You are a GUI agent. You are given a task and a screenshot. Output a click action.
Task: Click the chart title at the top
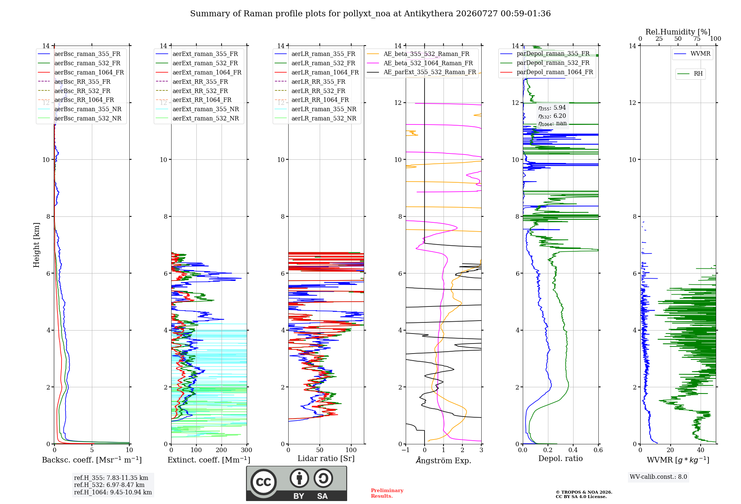(x=370, y=14)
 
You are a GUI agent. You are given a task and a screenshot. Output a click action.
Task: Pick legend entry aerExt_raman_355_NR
(x=206, y=109)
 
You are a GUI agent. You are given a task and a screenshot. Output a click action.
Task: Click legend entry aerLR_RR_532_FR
(x=318, y=91)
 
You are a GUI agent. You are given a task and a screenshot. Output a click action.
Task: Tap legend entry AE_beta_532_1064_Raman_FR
(x=428, y=63)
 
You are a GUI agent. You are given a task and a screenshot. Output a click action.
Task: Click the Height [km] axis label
(x=36, y=245)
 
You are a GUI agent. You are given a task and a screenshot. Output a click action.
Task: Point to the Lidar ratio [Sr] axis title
(x=326, y=458)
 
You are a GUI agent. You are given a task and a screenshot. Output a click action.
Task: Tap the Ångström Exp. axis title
(x=443, y=460)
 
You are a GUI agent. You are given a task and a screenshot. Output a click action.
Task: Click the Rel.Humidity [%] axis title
(x=678, y=32)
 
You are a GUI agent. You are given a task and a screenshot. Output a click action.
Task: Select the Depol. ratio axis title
(x=561, y=458)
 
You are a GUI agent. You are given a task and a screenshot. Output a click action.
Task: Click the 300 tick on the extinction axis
(x=246, y=450)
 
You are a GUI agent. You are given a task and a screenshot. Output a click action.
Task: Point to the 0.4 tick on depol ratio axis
(x=573, y=450)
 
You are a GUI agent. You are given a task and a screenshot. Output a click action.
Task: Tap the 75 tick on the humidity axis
(x=697, y=39)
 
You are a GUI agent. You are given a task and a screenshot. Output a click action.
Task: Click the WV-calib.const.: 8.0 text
(x=658, y=477)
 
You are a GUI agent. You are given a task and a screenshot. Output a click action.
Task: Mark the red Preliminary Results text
(x=387, y=493)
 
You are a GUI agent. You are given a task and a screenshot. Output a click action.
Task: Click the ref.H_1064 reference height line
(x=113, y=493)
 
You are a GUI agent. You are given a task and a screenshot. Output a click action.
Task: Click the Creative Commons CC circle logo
(x=263, y=482)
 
